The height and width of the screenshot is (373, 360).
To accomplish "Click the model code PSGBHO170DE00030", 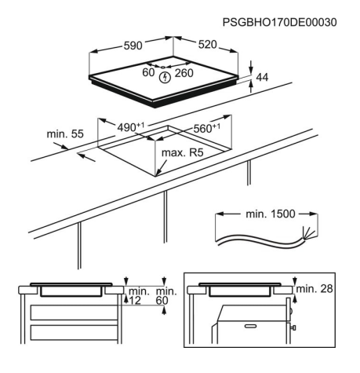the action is coord(279,22).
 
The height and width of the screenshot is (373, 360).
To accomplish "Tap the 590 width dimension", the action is coord(133,46).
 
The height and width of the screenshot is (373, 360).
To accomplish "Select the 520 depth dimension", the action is coord(207,45).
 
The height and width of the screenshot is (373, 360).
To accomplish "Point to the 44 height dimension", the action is coord(262,77).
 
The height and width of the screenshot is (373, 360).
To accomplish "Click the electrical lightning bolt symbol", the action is coord(165,78).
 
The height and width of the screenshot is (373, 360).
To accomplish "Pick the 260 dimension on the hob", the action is coord(184,73).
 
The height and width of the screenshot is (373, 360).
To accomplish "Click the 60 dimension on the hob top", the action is coord(148,72).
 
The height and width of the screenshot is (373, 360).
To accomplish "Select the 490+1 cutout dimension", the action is coord(130,127).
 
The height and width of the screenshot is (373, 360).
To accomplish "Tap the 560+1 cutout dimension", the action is coord(206,128).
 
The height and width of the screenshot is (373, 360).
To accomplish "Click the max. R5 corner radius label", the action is coord(183,152).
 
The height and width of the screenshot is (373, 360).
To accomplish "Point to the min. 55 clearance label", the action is coord(65,134).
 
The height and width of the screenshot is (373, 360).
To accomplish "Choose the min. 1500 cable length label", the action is coord(271,214).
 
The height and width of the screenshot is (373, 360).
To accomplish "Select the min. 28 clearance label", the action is coord(315,289).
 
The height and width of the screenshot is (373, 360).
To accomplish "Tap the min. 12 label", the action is coord(139,296).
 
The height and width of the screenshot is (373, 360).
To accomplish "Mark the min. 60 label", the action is coord(166,296).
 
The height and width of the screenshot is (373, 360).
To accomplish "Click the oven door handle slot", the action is coord(253,326).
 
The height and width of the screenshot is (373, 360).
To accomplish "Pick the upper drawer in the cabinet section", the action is coord(74,313).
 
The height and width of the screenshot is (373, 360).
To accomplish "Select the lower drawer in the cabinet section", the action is coord(74,332).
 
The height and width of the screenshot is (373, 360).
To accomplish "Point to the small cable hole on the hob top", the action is coord(163,68).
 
